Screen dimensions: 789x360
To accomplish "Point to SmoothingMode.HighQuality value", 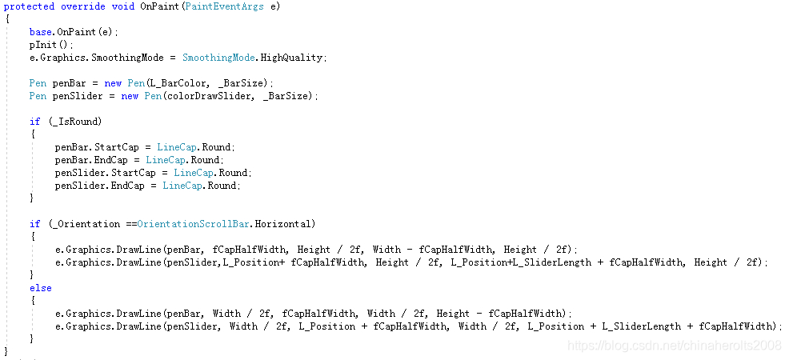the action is click(254, 58).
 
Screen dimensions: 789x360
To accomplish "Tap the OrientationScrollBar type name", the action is click(194, 224).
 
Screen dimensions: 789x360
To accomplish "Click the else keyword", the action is click(40, 288).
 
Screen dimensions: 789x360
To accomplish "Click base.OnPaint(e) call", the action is click(73, 32).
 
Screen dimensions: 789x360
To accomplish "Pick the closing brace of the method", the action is click(6, 351).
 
